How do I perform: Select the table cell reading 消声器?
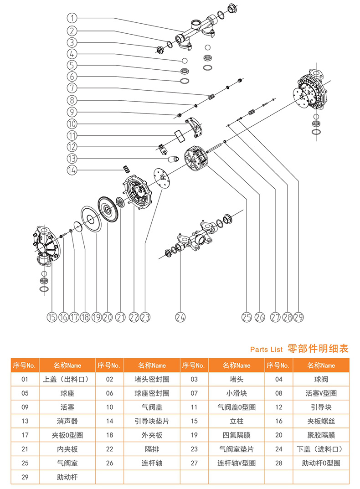tap(67, 421)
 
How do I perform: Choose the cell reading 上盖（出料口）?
tap(67, 379)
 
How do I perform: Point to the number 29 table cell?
tap(25, 477)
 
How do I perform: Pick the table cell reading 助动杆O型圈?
tap(321, 463)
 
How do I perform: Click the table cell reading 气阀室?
tap(67, 463)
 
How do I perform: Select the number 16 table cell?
tap(279, 421)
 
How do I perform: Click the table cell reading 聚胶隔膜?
tap(321, 435)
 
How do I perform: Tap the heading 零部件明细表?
tap(318, 349)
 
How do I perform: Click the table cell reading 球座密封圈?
tap(152, 393)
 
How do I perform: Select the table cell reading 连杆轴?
tap(152, 463)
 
